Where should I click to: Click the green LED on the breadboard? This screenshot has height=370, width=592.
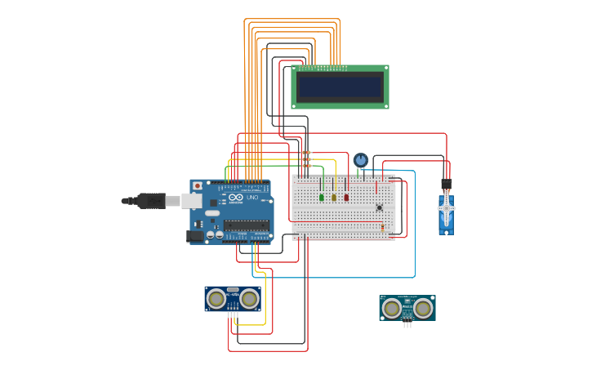pos(322,197)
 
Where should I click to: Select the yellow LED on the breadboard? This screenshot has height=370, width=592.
pos(334,197)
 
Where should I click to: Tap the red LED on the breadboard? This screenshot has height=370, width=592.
pos(346,197)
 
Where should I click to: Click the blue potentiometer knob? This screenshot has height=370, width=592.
pos(361,159)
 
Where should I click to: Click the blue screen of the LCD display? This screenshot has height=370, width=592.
pos(340,87)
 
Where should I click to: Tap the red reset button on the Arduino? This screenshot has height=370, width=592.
pos(197,186)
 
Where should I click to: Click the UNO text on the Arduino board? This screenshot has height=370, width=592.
pos(251,198)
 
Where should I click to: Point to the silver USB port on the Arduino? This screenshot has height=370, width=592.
pos(191,200)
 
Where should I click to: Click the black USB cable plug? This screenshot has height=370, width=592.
pos(152,200)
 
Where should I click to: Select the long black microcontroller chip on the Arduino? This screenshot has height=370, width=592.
pos(246,225)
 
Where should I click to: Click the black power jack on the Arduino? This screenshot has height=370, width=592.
pos(195,236)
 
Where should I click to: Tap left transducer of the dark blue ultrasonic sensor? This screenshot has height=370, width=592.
pos(216,299)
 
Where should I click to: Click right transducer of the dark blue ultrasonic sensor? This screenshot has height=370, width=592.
pos(249,299)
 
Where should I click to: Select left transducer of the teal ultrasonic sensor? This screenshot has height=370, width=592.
pos(392,308)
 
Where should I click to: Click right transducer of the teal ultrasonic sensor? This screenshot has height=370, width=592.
pos(422,308)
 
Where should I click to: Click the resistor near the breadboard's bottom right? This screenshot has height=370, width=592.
pos(382,228)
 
